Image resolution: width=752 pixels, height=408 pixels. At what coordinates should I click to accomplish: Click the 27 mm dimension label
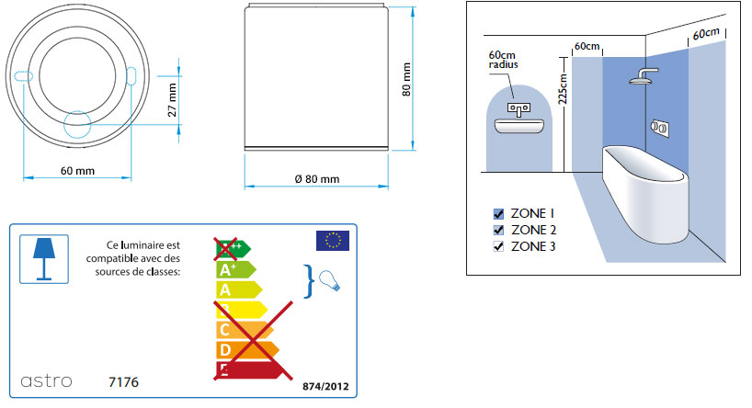point(172,100)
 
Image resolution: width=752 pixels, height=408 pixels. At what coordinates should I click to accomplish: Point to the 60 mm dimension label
point(78,171)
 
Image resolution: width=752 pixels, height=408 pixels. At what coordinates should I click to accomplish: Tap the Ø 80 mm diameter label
point(317,179)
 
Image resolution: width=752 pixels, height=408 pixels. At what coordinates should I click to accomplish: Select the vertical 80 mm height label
point(406,79)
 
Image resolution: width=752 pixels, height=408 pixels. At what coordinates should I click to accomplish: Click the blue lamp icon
point(44,259)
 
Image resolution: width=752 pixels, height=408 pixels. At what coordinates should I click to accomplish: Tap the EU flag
point(333,241)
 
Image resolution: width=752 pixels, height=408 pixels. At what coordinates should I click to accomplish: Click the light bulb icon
point(329,280)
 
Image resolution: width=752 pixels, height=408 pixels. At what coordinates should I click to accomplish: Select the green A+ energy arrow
point(236,270)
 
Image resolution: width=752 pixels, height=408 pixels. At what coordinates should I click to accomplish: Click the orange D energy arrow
point(247,350)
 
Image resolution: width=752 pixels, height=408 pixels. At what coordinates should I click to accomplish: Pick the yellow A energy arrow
point(239,289)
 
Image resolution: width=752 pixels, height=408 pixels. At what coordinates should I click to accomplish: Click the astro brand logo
point(46,381)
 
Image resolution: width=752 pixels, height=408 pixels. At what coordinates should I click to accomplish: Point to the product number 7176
point(123,382)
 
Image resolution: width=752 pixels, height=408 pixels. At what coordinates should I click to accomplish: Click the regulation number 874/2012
point(325,387)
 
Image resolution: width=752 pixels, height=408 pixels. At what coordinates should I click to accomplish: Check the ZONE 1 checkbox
point(499,214)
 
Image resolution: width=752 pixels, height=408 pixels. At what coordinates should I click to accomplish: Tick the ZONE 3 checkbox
point(499,246)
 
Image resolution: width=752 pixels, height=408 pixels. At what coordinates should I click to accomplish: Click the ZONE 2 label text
point(534,230)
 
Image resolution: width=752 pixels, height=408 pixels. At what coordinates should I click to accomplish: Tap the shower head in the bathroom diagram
point(644,76)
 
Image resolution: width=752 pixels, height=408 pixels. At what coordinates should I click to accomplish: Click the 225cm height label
point(562,89)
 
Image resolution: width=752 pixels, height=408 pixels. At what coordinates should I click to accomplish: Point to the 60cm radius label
point(503,60)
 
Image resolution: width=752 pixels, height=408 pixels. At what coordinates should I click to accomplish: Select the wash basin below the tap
point(519,126)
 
